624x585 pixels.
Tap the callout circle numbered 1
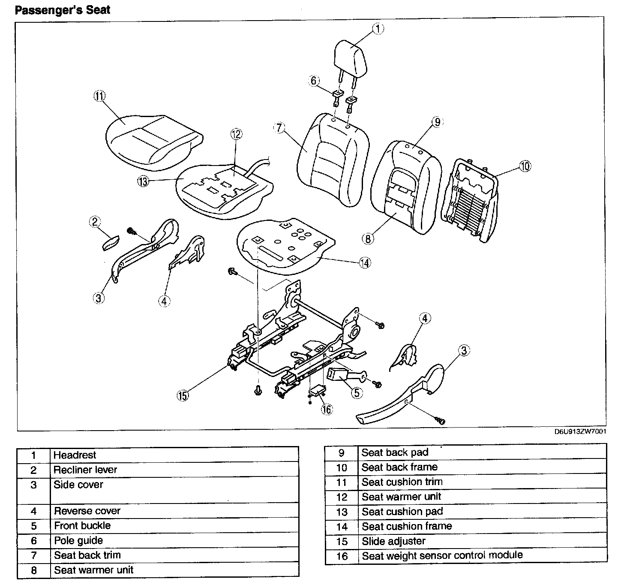378,29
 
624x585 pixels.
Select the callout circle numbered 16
327,409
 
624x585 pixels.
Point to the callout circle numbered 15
183,395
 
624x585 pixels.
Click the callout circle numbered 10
525,166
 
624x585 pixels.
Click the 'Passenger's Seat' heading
62,10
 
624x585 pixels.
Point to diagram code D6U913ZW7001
580,432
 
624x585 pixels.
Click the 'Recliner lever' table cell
85,470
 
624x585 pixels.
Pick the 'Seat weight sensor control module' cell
442,555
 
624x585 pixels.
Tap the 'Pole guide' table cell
78,540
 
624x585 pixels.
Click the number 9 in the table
342,453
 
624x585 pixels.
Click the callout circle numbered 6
314,81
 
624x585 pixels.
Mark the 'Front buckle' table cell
82,525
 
